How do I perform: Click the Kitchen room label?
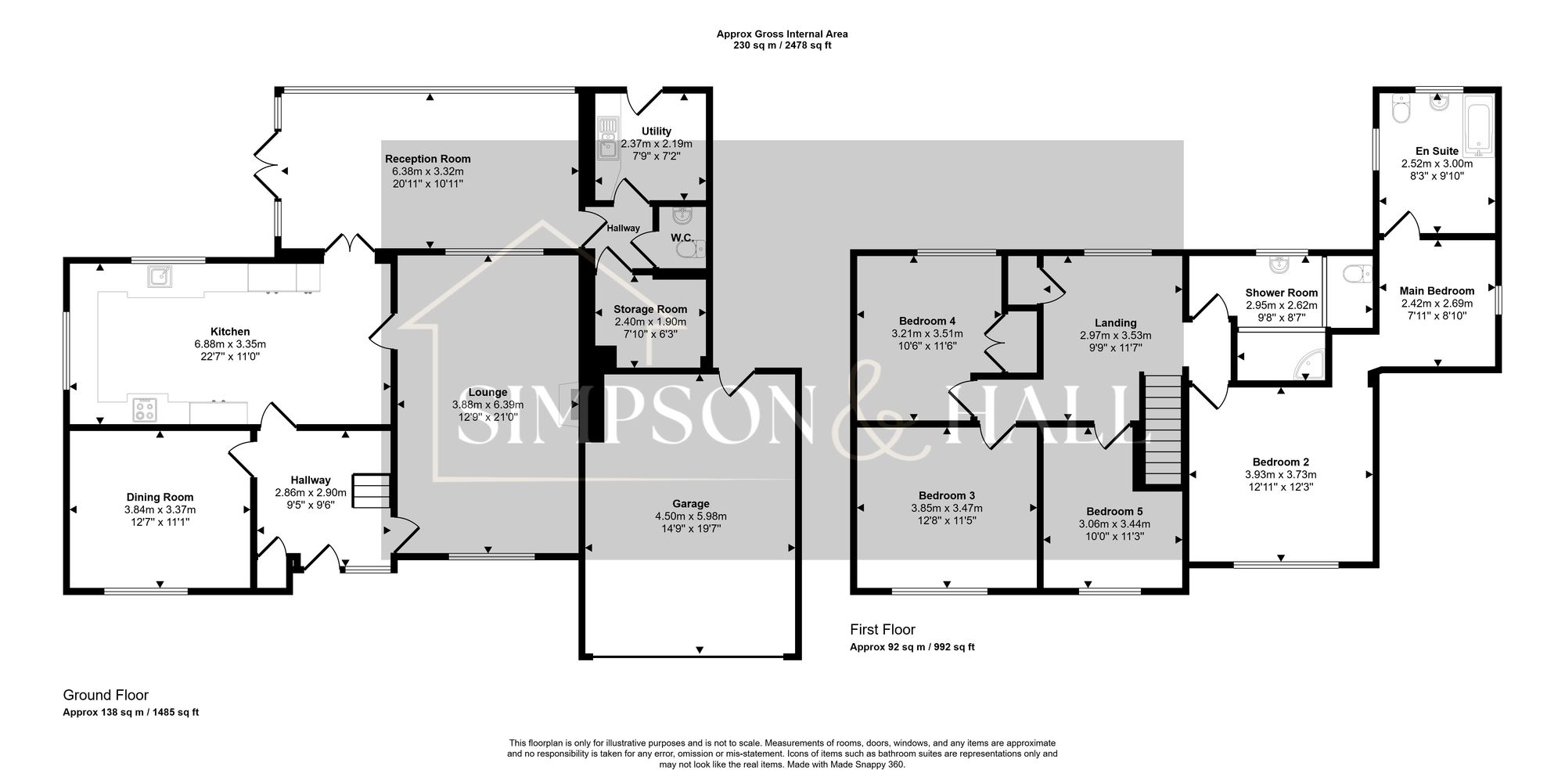[x=230, y=332]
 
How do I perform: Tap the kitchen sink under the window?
[x=160, y=276]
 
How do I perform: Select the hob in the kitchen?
[x=145, y=409]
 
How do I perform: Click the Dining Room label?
[x=160, y=497]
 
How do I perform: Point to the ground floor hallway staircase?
[x=371, y=491]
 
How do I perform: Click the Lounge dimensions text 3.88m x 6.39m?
[x=487, y=405]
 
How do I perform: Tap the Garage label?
[x=690, y=504]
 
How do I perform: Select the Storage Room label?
[x=650, y=309]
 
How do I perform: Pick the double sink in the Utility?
[x=607, y=138]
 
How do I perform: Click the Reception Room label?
[x=427, y=159]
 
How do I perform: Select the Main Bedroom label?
[x=1437, y=290]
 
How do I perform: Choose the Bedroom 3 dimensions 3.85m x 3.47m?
[x=947, y=508]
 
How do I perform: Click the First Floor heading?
[x=882, y=629]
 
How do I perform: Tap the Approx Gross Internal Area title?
[x=782, y=34]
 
